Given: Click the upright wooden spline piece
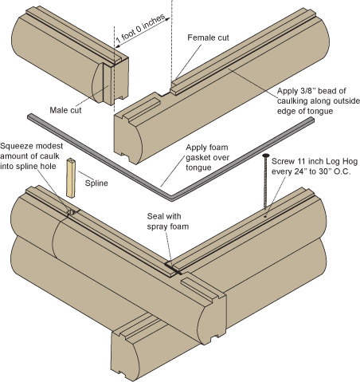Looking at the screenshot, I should [x=70, y=177].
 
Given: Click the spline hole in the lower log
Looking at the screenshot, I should [x=70, y=212].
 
